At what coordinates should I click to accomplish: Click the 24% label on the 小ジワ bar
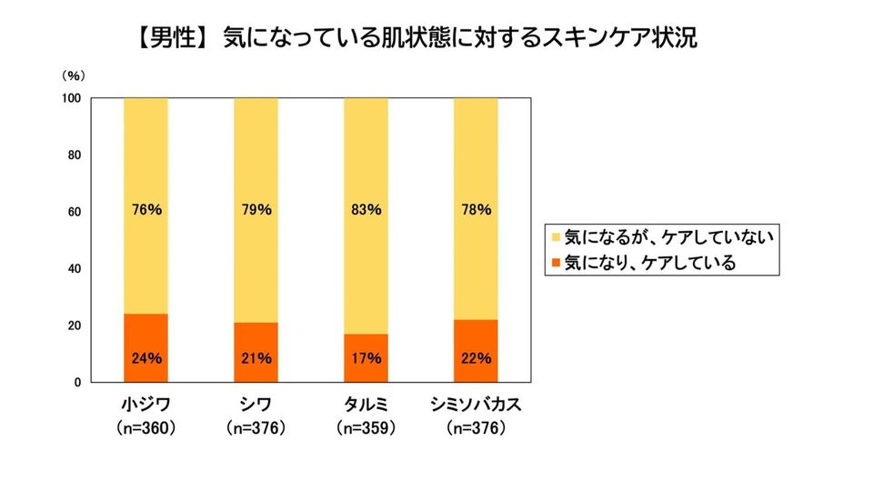tap(146, 358)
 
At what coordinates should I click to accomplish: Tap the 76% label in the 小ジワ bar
tap(146, 210)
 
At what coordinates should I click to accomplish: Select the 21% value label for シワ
tap(256, 358)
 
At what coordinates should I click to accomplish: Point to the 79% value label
tap(256, 210)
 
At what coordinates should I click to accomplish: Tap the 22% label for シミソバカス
tap(476, 358)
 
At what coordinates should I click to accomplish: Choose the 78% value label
tap(476, 210)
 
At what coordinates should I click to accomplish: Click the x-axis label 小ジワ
tap(146, 405)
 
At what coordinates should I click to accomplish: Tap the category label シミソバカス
tap(476, 405)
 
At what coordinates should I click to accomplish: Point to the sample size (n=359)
tap(366, 427)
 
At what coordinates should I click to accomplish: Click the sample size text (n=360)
tap(146, 427)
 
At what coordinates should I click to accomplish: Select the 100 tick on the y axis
tap(74, 97)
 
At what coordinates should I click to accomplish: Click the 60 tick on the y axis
tap(76, 212)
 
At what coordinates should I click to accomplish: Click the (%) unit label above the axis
tap(74, 75)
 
